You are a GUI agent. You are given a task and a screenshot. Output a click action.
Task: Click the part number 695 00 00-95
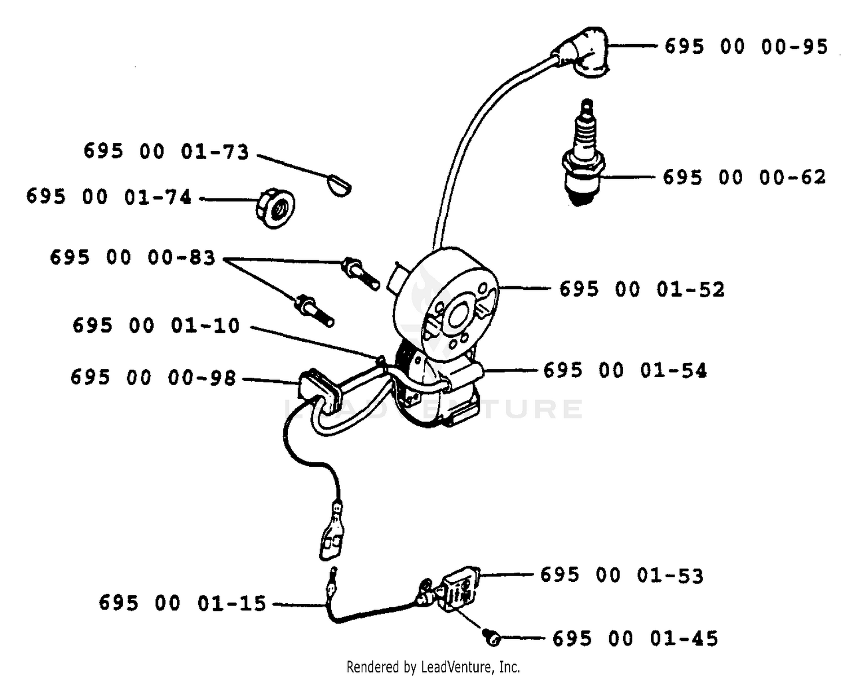pyautogui.click(x=746, y=47)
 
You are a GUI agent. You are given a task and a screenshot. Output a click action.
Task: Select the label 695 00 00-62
pyautogui.click(x=744, y=177)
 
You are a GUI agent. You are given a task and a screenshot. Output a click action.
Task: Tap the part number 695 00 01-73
pyautogui.click(x=166, y=152)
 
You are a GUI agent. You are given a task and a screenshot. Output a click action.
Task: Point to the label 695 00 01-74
pyautogui.click(x=109, y=197)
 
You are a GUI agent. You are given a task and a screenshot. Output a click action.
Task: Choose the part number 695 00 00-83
pyautogui.click(x=132, y=257)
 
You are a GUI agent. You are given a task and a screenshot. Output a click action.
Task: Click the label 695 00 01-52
pyautogui.click(x=642, y=289)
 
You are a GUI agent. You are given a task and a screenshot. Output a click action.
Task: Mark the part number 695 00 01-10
pyautogui.click(x=156, y=325)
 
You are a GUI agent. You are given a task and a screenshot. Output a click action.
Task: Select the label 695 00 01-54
pyautogui.click(x=625, y=370)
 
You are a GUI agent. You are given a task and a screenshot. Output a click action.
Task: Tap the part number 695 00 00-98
pyautogui.click(x=153, y=377)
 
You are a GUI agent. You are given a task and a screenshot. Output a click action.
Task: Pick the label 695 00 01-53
pyautogui.click(x=621, y=575)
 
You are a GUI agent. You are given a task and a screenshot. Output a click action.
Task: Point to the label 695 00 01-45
pyautogui.click(x=635, y=639)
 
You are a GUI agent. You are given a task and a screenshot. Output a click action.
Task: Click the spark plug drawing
pyautogui.click(x=583, y=153)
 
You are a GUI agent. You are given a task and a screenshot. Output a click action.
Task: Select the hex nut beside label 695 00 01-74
pyautogui.click(x=275, y=208)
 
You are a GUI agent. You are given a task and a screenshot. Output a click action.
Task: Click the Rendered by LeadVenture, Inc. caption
pyautogui.click(x=433, y=667)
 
